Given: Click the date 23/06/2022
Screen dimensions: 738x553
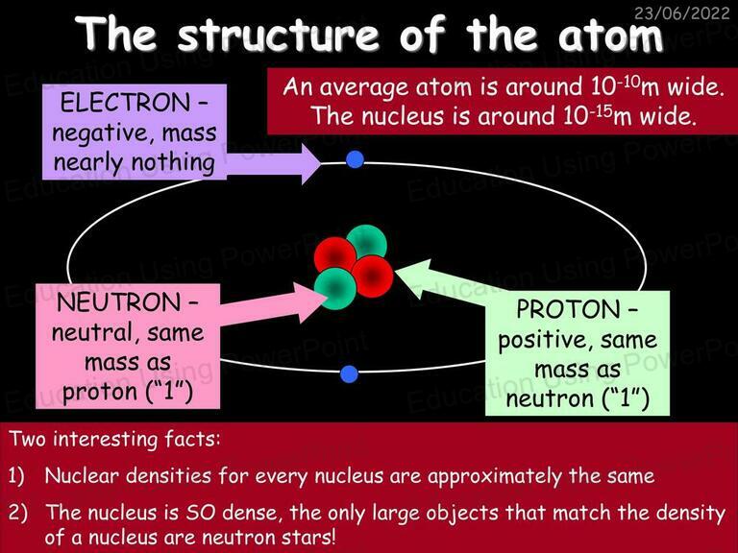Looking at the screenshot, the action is [x=681, y=12].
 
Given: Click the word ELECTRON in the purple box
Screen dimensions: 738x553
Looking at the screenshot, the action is [x=125, y=103].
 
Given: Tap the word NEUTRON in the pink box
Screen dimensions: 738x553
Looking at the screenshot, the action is [x=118, y=302].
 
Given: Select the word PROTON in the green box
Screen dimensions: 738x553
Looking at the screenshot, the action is [x=569, y=309].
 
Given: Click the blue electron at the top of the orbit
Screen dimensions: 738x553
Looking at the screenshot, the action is [x=355, y=159].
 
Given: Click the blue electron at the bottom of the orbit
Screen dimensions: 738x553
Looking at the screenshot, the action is [x=349, y=373].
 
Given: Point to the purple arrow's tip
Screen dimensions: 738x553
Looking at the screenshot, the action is [x=321, y=164].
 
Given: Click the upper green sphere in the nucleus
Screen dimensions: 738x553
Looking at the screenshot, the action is [x=368, y=244].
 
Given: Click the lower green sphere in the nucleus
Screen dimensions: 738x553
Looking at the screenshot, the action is [x=334, y=288].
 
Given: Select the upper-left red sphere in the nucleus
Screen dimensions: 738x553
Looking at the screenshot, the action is [x=335, y=256].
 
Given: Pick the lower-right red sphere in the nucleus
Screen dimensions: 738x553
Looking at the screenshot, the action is [x=372, y=276].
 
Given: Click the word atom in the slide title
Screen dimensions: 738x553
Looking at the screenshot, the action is [x=611, y=35].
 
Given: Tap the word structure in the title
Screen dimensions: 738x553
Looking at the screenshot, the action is [x=278, y=35].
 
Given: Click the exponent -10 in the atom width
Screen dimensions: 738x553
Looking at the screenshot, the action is [x=628, y=81].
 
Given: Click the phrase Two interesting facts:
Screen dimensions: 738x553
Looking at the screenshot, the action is [x=115, y=439].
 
